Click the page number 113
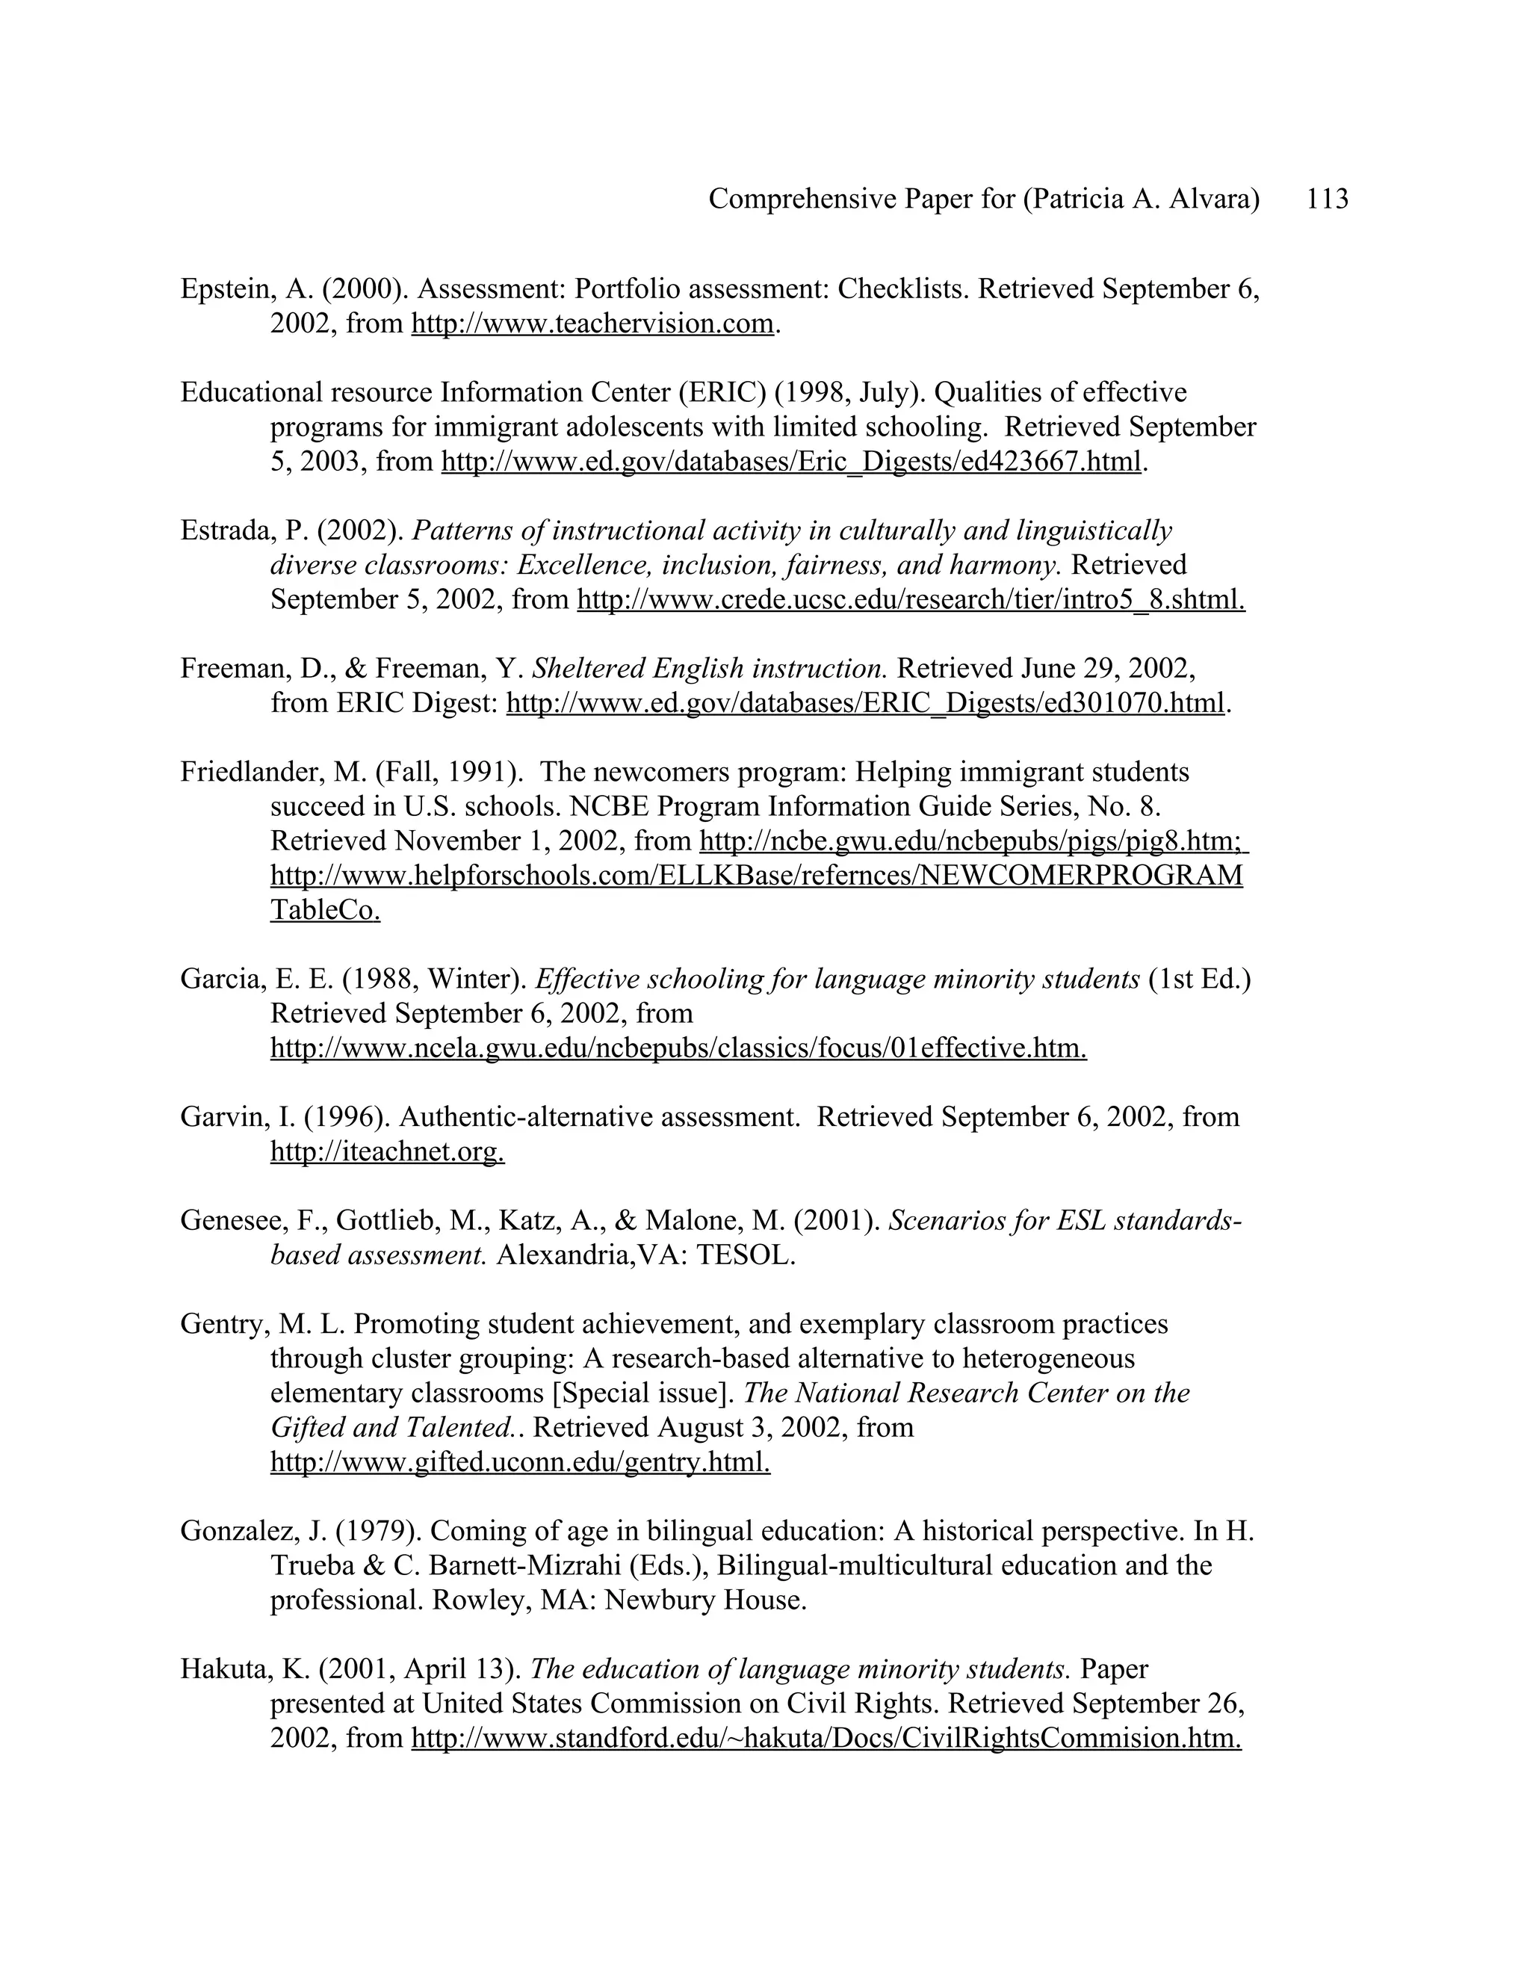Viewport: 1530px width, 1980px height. (x=1327, y=199)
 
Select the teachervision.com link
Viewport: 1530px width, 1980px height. (x=592, y=324)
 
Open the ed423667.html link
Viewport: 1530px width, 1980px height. (x=790, y=462)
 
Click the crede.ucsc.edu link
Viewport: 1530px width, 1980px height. (x=910, y=599)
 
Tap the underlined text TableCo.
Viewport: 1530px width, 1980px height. (x=324, y=910)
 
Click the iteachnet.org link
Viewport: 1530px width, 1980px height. (x=387, y=1151)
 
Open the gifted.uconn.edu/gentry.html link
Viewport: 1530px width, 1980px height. (x=520, y=1462)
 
